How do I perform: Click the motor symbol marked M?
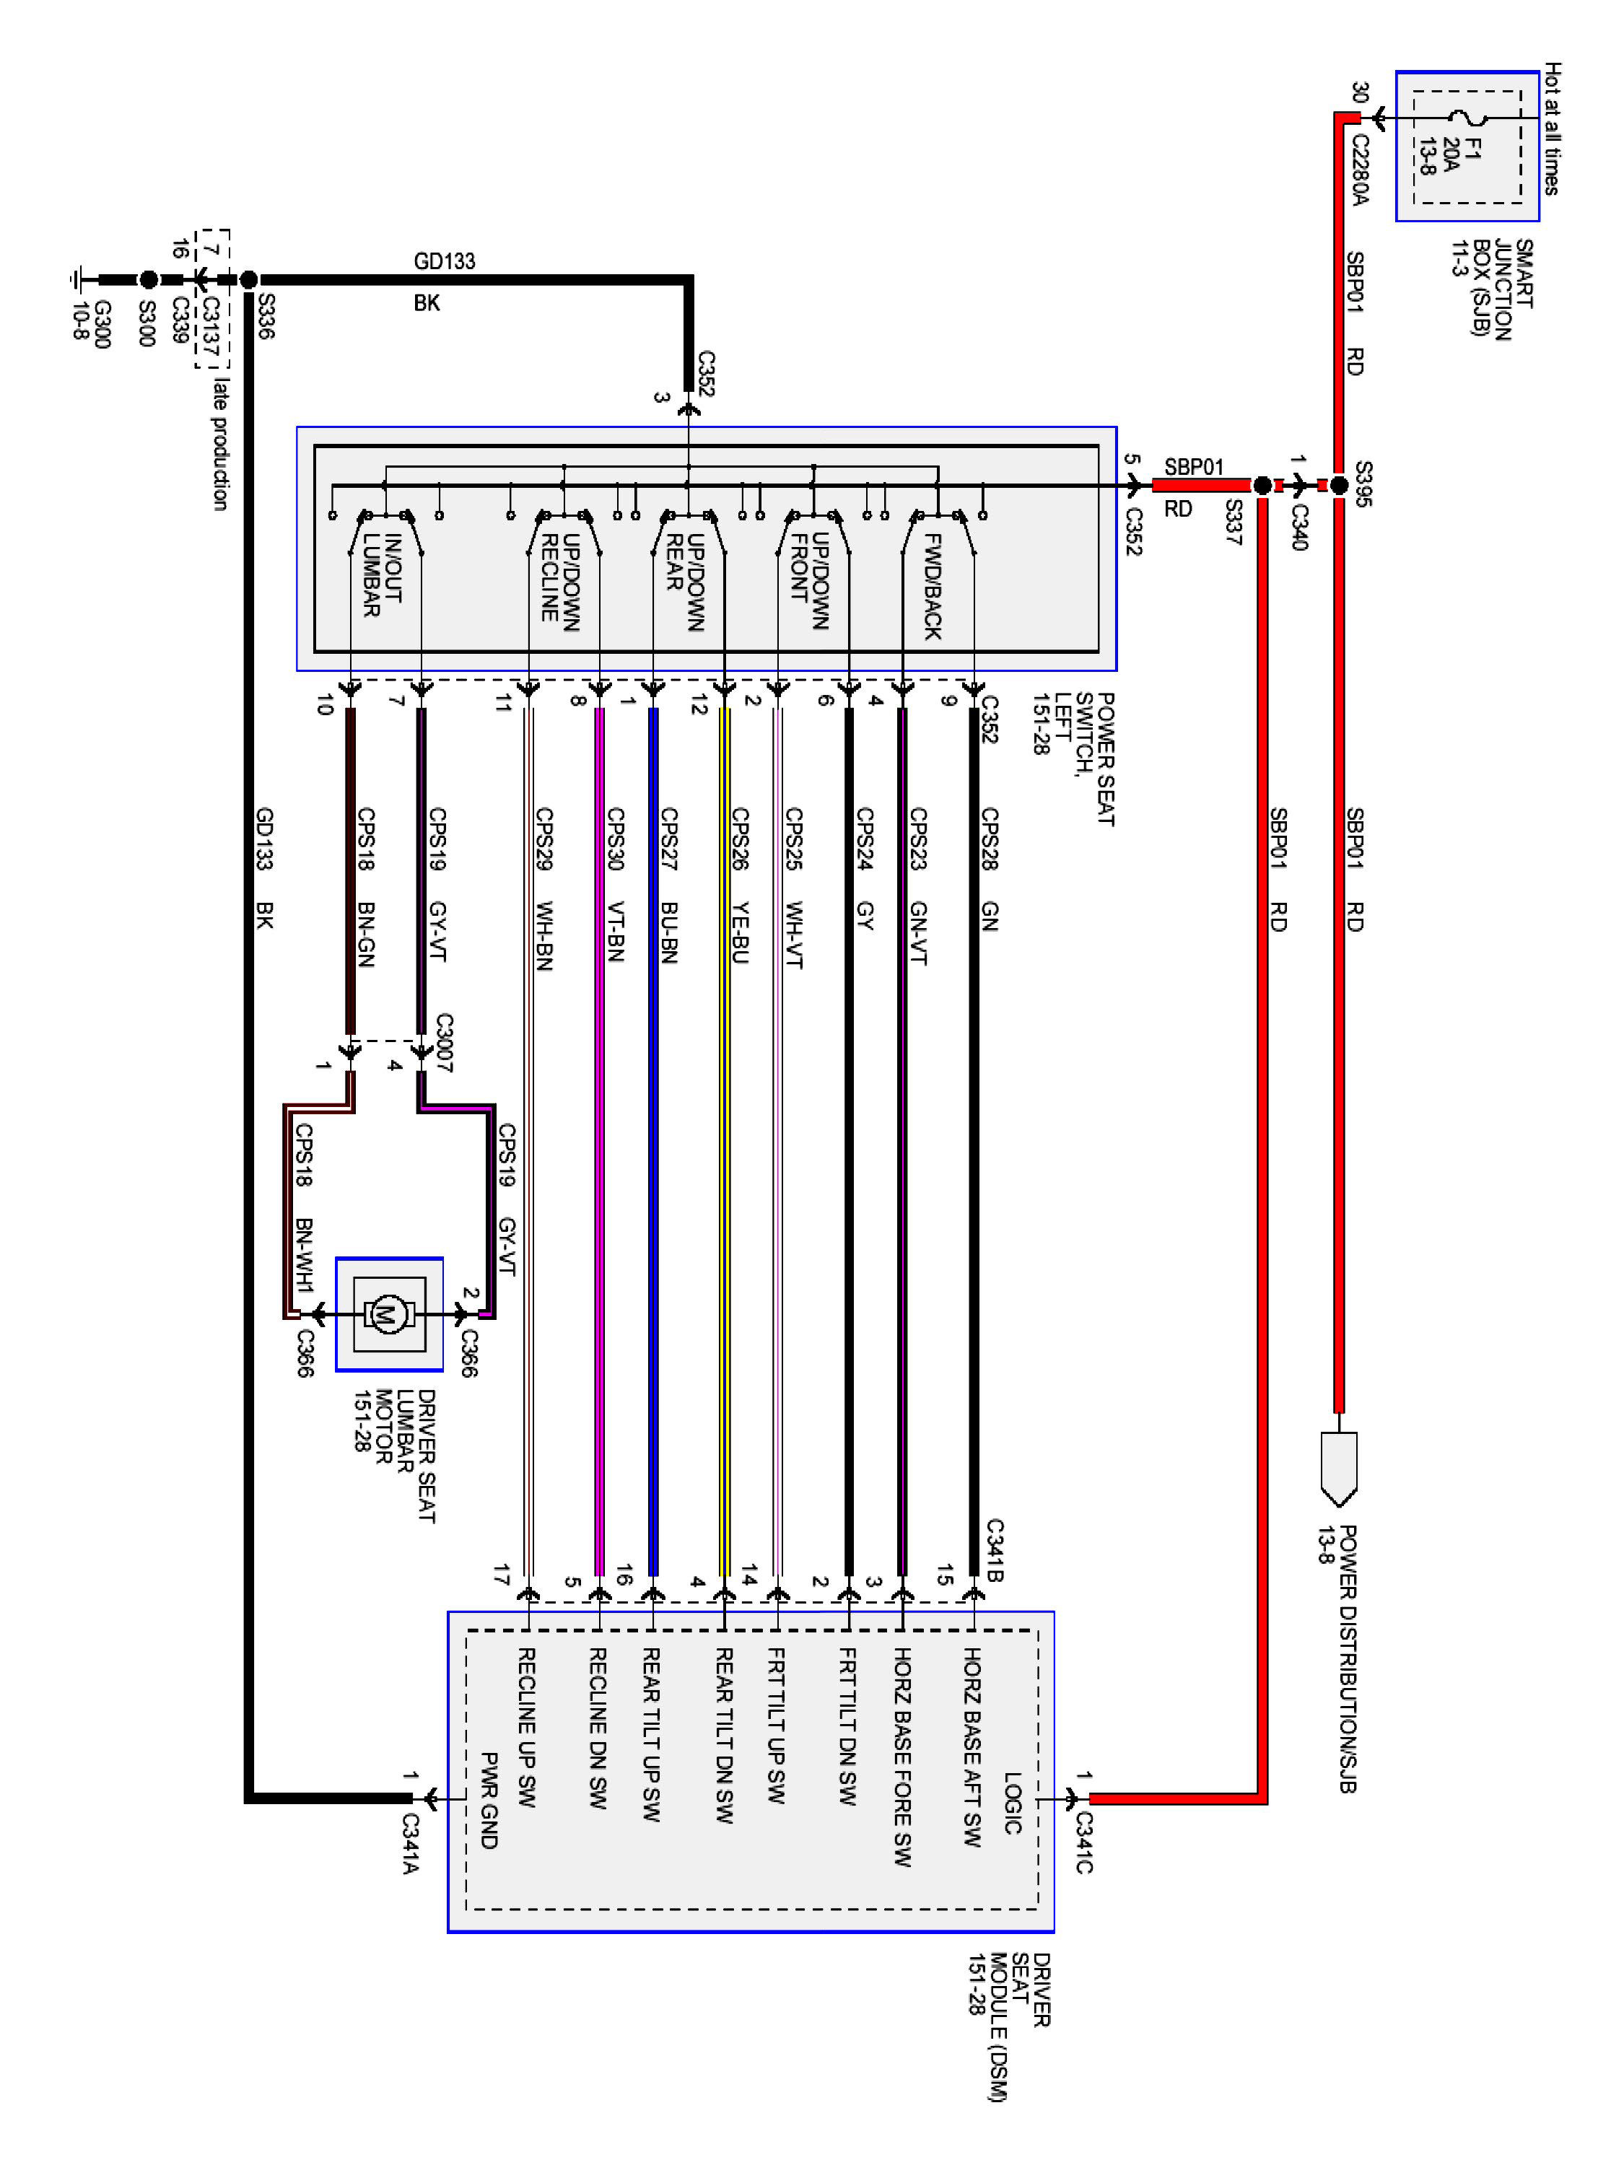(x=385, y=1313)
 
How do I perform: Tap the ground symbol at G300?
(x=77, y=279)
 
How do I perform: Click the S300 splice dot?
(x=148, y=279)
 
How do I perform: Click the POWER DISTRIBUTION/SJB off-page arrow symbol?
(x=1338, y=1466)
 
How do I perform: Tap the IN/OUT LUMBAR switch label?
(x=382, y=575)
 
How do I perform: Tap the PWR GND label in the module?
(x=489, y=1800)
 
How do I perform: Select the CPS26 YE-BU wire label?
(x=741, y=885)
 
